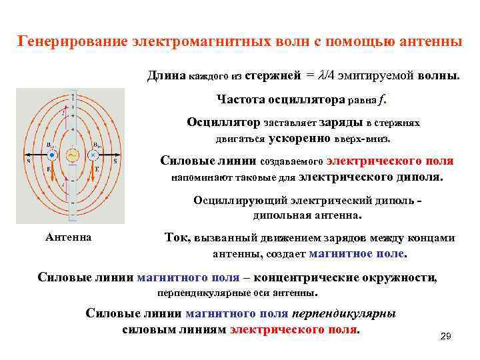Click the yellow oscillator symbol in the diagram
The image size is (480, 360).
click(x=72, y=155)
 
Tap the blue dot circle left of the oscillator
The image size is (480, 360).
click(x=51, y=155)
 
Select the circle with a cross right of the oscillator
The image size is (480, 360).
click(x=94, y=155)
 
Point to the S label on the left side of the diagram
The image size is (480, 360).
click(x=28, y=161)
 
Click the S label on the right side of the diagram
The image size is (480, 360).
click(x=115, y=161)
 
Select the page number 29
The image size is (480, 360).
click(x=446, y=337)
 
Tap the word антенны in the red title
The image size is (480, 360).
click(x=427, y=41)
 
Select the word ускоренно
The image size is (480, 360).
click(x=300, y=139)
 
